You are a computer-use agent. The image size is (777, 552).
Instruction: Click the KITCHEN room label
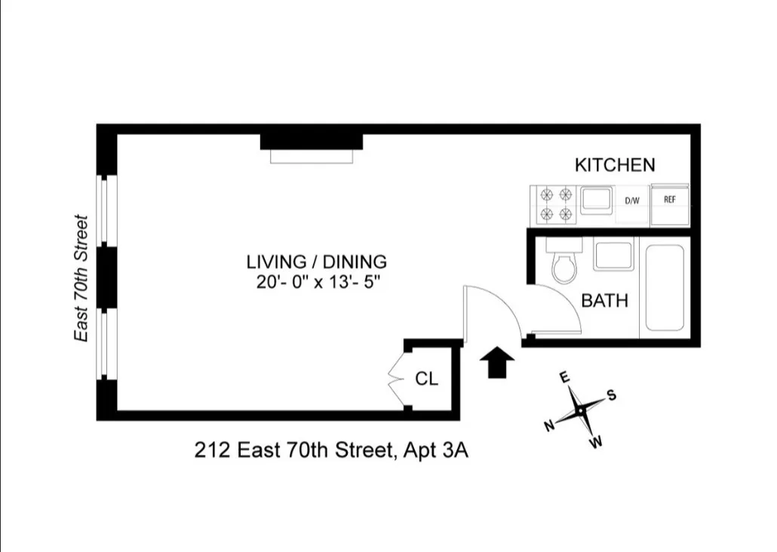(615, 165)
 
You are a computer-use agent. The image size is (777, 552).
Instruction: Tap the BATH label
(604, 301)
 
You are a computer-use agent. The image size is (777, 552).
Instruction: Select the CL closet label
(426, 379)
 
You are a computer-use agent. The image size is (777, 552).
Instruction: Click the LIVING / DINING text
(316, 262)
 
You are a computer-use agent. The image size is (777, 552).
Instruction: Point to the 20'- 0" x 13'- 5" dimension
(316, 284)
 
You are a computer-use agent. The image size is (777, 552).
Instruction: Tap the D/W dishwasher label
(632, 201)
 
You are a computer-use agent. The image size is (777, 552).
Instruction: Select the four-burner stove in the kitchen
(557, 204)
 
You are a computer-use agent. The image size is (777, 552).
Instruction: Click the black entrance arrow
(498, 363)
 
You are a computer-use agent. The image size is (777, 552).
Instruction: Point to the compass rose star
(580, 409)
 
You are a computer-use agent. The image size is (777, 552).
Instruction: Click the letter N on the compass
(550, 426)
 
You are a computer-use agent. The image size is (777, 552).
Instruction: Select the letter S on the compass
(612, 395)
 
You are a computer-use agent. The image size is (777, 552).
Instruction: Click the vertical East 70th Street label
(81, 278)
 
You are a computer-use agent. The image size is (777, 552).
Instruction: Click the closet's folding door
(395, 378)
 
